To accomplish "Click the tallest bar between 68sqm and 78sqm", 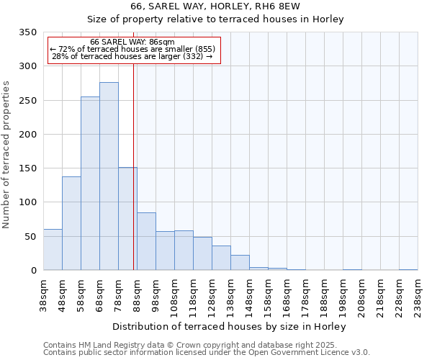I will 109,176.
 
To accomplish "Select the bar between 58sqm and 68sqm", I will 90,184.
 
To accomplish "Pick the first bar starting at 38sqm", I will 53,250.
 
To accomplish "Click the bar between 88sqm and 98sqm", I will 146,241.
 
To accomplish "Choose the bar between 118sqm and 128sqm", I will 202,253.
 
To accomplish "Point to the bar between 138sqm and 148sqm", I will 240,263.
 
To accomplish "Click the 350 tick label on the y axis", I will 27,32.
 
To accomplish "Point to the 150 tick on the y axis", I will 27,168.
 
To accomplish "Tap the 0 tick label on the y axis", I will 33,271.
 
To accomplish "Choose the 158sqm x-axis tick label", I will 268,297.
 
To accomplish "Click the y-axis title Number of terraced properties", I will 6,155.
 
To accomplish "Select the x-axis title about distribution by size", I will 230,326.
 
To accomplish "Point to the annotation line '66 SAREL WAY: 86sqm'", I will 132,42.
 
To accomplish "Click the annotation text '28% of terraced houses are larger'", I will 132,56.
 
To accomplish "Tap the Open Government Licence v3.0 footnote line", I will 206,353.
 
